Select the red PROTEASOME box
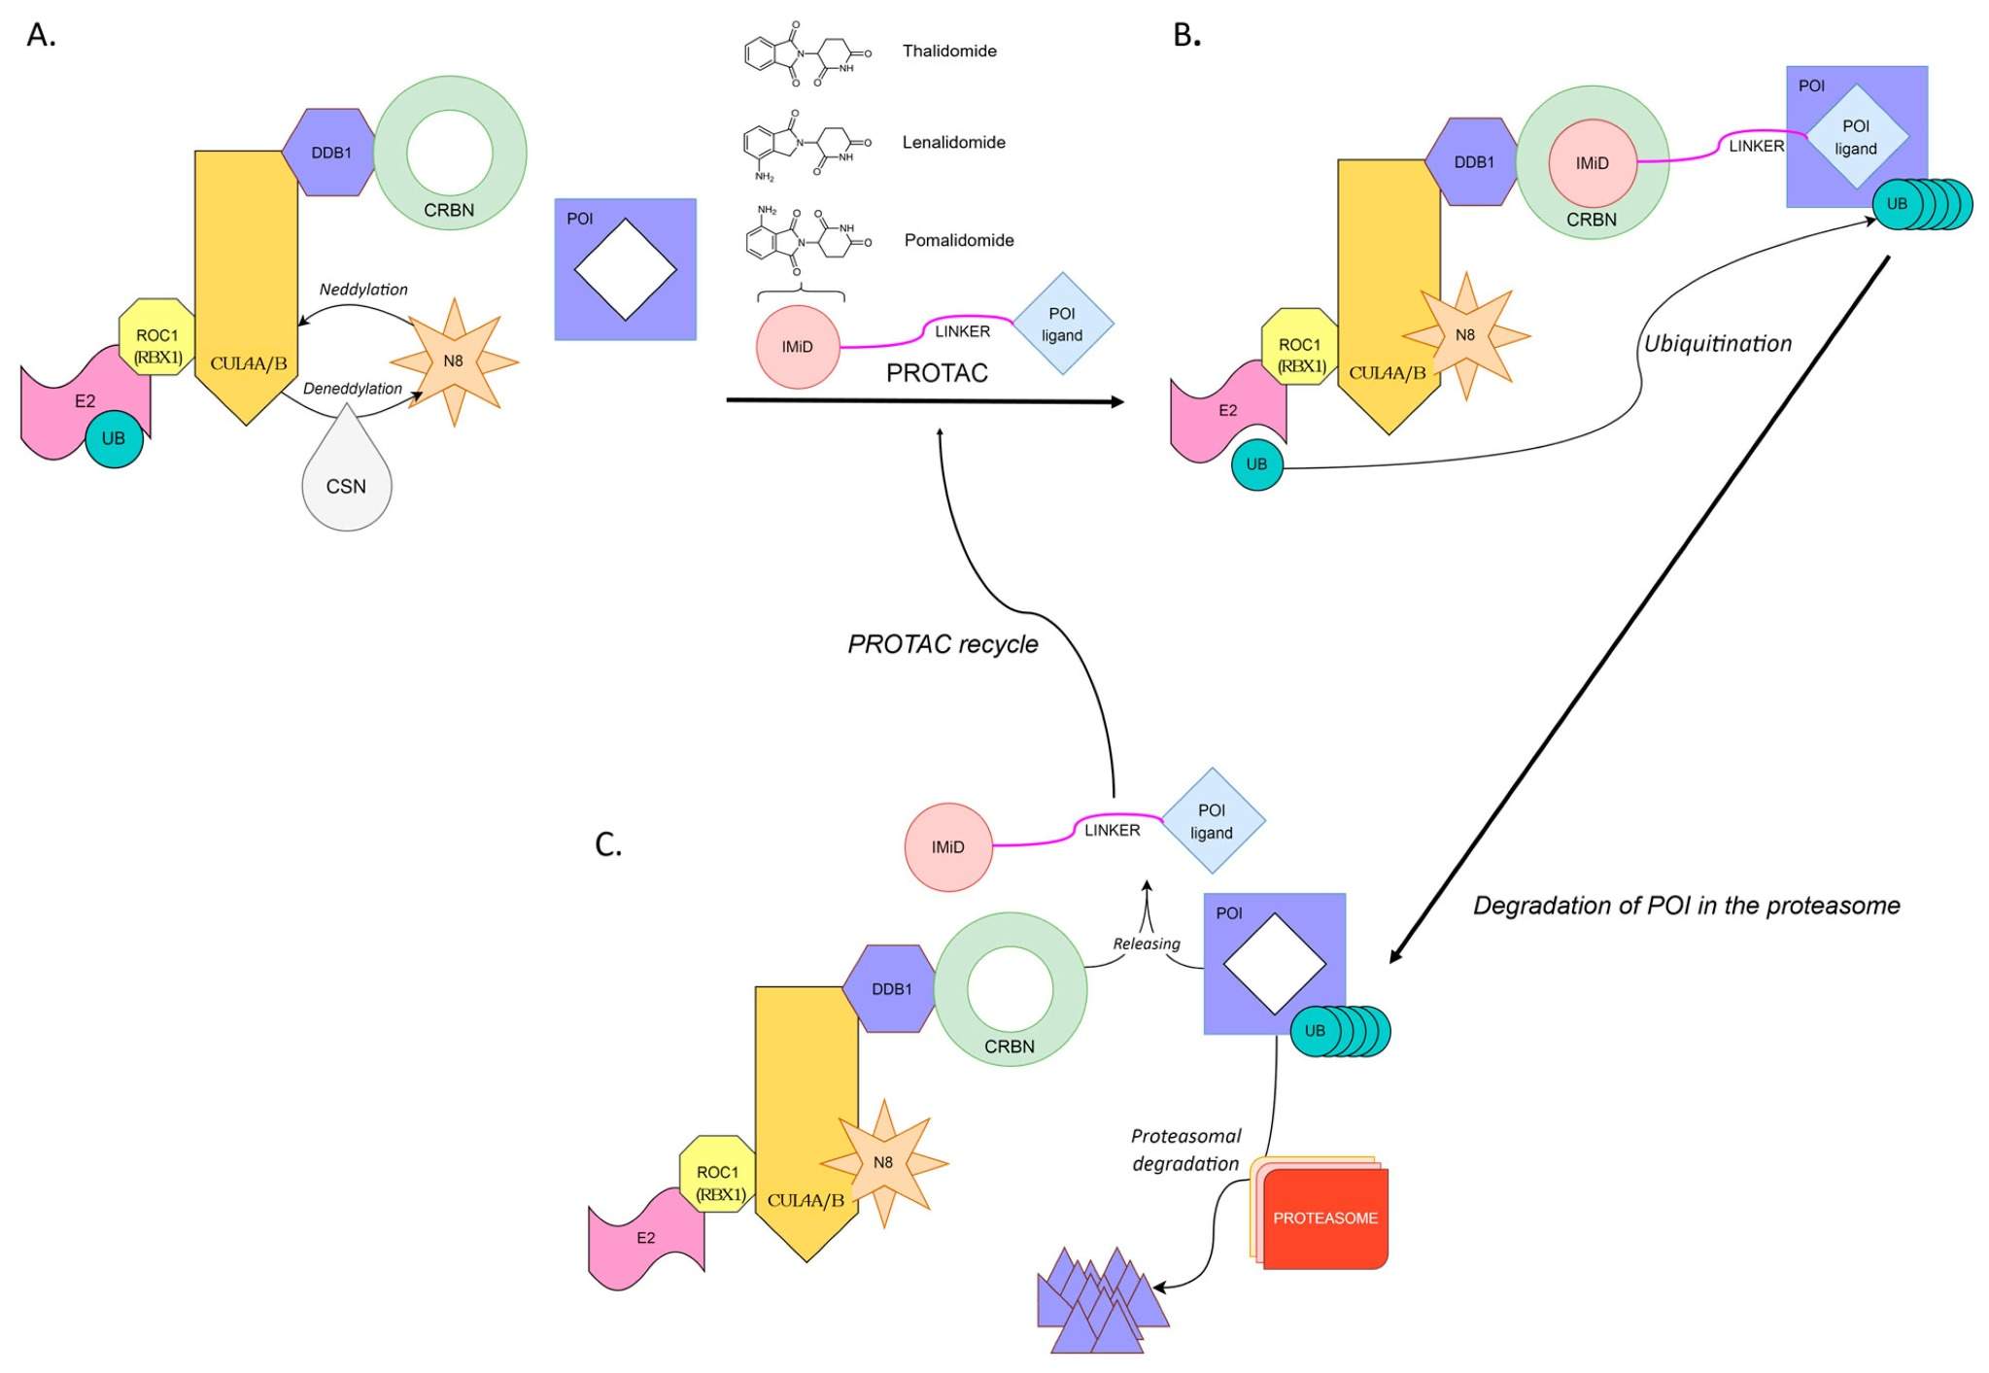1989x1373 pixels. tap(1324, 1218)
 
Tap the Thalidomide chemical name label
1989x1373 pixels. tap(948, 51)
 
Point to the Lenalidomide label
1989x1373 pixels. tap(953, 142)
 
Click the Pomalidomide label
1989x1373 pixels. tap(958, 240)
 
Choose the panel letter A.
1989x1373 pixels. tap(41, 35)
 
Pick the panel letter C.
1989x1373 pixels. tap(608, 843)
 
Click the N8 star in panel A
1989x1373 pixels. tap(454, 361)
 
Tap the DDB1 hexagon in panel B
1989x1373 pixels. tap(1473, 162)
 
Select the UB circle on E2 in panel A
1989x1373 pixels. tap(114, 438)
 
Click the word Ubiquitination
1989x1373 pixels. tap(1717, 344)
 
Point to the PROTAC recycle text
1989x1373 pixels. tap(943, 644)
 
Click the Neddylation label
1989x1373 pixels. tap(363, 290)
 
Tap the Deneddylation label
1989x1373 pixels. tap(352, 389)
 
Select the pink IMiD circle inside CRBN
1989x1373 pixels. tap(1592, 163)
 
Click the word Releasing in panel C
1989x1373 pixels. tap(1146, 944)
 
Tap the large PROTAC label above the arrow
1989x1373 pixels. tap(937, 373)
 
